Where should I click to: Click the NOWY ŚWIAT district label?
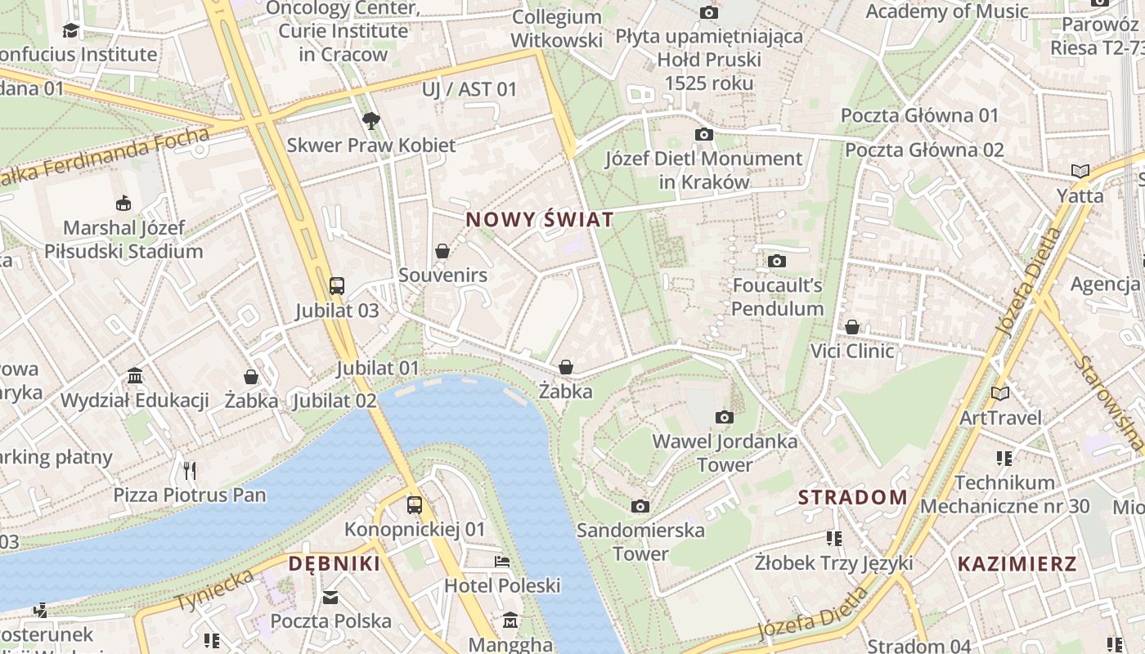pos(539,220)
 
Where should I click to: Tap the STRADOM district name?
pos(852,497)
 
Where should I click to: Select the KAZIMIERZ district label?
pos(1017,563)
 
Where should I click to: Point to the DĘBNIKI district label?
pos(335,563)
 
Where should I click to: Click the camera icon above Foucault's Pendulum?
pos(776,262)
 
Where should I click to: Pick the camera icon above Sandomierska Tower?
pos(640,507)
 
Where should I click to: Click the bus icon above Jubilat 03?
pos(337,286)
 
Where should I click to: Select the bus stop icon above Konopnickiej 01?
pos(415,505)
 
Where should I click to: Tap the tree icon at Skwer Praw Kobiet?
pos(371,121)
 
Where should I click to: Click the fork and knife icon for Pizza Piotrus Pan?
pos(190,470)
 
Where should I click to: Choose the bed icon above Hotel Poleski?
pos(502,562)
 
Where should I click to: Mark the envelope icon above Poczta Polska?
pos(330,598)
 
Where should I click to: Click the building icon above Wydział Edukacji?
pos(135,376)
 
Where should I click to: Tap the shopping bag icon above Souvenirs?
pos(442,251)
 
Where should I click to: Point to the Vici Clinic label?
pos(852,351)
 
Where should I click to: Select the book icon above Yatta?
pos(1080,172)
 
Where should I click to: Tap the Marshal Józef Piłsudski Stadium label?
pos(123,239)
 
